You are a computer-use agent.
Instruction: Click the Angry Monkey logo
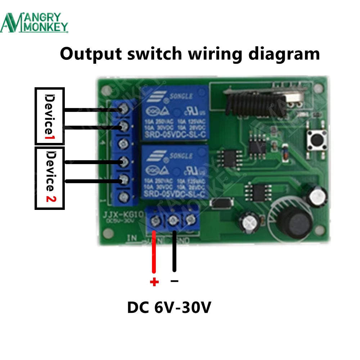pos(34,22)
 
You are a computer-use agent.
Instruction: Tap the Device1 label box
pos(49,116)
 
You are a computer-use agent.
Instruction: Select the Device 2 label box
pos(49,178)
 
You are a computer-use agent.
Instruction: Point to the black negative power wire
pos(175,252)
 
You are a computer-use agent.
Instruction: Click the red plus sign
pos(154,282)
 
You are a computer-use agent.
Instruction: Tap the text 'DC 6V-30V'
pos(169,308)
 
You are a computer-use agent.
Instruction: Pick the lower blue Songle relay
pos(174,172)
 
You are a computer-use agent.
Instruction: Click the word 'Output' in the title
pos(90,54)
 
